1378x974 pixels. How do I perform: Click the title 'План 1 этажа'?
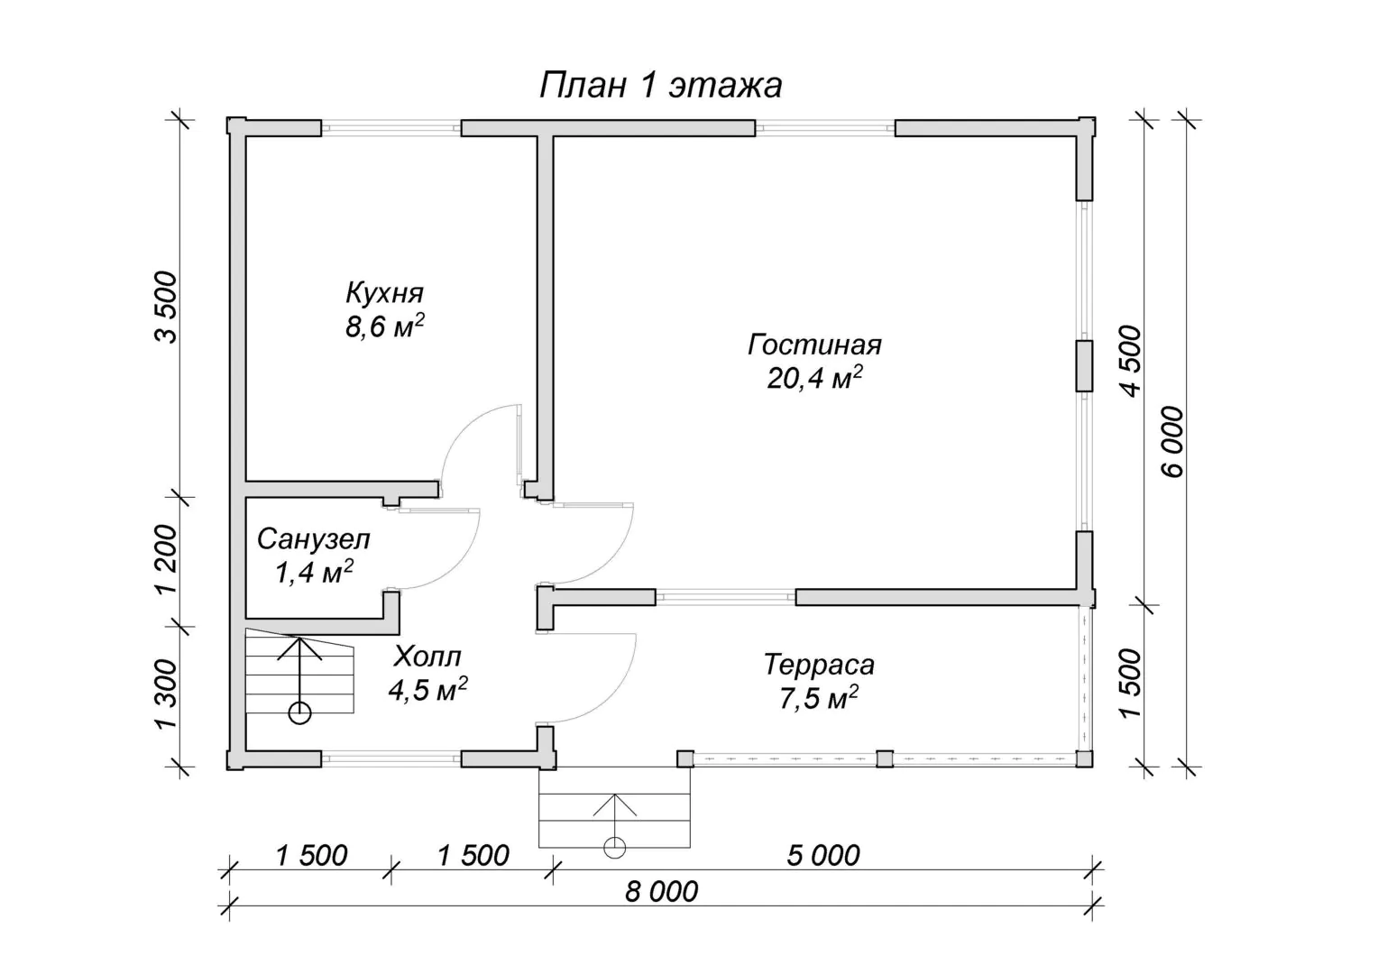point(661,85)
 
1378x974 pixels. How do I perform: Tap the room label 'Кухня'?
point(384,293)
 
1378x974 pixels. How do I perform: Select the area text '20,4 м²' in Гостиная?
point(814,377)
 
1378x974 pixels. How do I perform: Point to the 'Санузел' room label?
point(314,539)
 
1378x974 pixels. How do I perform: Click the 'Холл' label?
point(427,657)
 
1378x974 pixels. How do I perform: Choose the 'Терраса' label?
point(819,665)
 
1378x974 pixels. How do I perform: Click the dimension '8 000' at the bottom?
point(661,892)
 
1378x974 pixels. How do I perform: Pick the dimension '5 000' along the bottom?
point(823,856)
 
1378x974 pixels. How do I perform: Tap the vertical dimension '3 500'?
point(165,308)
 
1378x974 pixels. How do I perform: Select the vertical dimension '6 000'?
point(1172,442)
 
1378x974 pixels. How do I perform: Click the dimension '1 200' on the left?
point(165,559)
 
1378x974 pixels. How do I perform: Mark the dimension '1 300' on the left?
point(165,695)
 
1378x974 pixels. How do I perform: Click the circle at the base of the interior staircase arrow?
point(299,713)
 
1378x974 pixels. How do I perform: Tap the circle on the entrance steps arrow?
point(614,847)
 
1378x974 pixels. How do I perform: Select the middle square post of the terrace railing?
point(885,758)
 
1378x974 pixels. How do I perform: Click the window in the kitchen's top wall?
point(391,129)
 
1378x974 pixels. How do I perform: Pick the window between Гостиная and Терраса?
point(726,596)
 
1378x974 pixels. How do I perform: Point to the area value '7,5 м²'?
point(819,698)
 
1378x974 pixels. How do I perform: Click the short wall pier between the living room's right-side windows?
point(1084,366)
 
